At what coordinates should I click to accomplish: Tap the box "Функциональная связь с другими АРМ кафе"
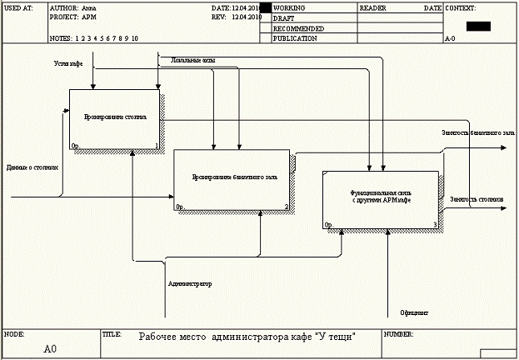(381, 199)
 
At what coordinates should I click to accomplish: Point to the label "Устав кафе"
(68, 63)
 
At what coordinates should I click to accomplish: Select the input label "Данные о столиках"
(32, 167)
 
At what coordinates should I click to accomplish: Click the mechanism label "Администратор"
(189, 283)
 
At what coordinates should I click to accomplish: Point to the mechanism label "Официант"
(414, 312)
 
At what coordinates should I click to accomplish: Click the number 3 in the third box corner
(435, 225)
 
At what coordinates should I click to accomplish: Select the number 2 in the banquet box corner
(286, 207)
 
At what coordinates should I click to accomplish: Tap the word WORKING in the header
(289, 7)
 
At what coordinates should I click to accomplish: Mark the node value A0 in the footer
(51, 348)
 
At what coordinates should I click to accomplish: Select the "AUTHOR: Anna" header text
(67, 7)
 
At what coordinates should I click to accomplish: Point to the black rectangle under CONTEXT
(478, 26)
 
